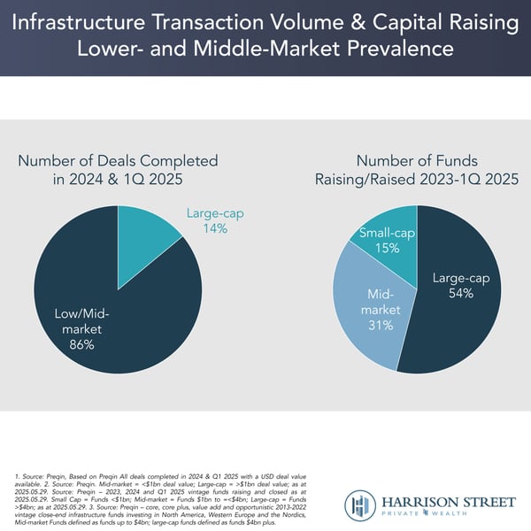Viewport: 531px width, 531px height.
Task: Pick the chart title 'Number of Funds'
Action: (x=417, y=161)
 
